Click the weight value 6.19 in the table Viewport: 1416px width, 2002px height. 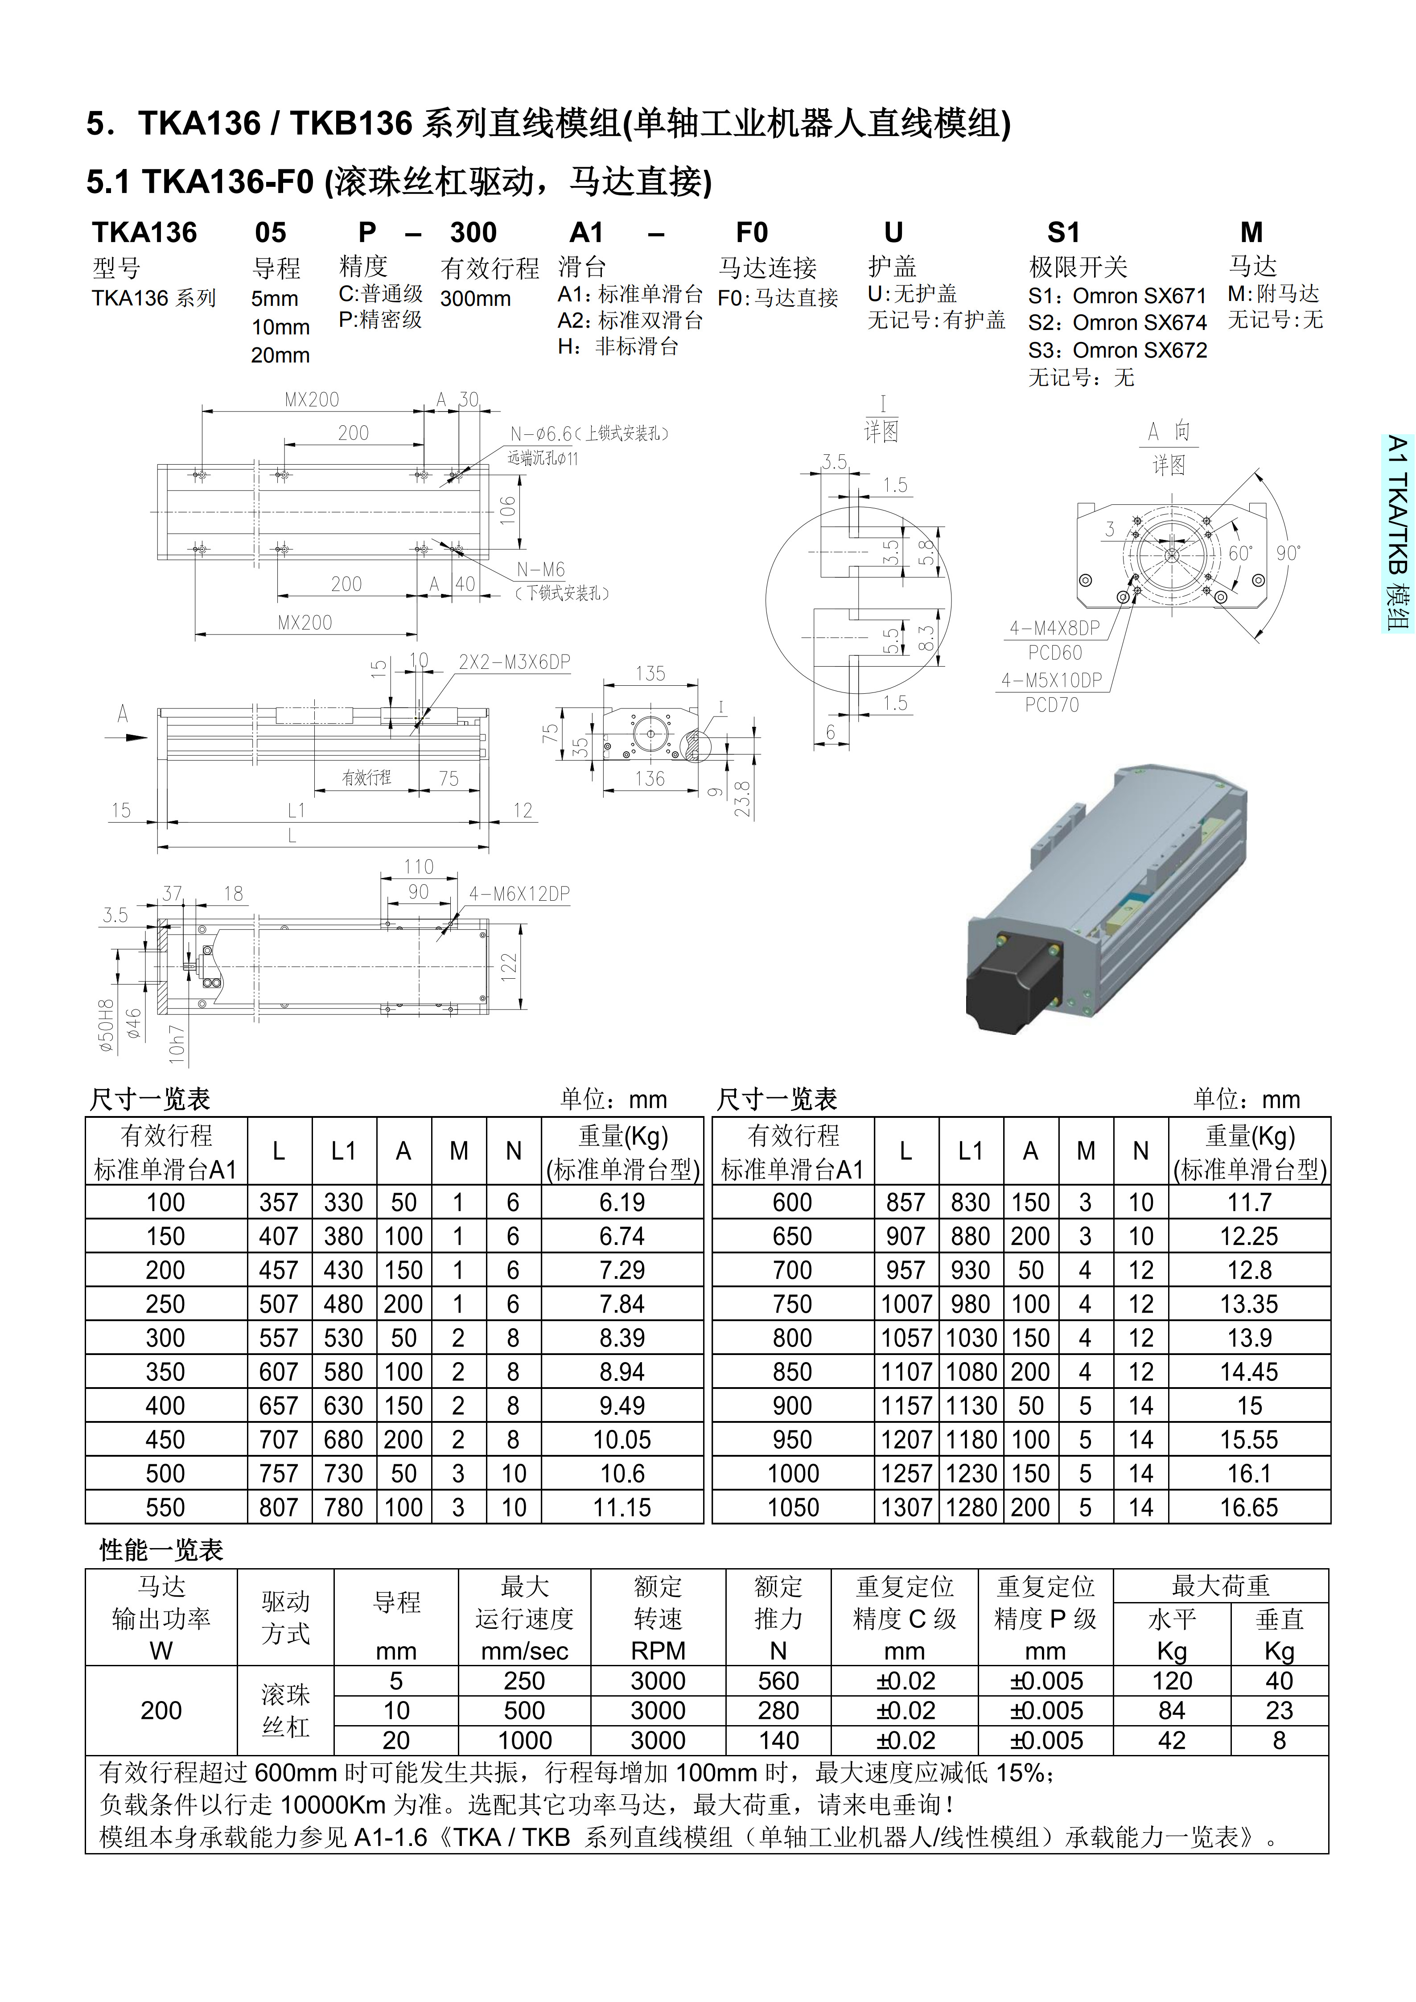(622, 1203)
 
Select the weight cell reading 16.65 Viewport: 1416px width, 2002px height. (1249, 1508)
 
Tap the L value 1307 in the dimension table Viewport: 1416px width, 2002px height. (906, 1508)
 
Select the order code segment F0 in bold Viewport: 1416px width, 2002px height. (752, 233)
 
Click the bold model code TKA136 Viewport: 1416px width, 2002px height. (145, 233)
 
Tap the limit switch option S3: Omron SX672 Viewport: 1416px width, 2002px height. (1118, 350)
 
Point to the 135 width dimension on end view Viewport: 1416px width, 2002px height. (650, 673)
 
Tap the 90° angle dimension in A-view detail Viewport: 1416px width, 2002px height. (1287, 553)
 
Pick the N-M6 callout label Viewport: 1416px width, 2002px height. (541, 569)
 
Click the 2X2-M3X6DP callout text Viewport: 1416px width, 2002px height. (515, 662)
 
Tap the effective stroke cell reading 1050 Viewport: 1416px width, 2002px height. (793, 1508)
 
